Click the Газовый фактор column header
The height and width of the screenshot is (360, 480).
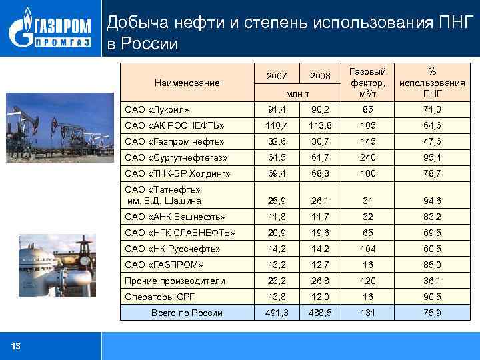[367, 83]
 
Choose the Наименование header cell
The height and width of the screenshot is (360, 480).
[187, 83]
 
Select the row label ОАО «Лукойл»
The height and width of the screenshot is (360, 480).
[157, 109]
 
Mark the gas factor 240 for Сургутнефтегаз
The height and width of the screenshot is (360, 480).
[367, 157]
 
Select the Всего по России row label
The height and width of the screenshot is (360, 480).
[187, 313]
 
